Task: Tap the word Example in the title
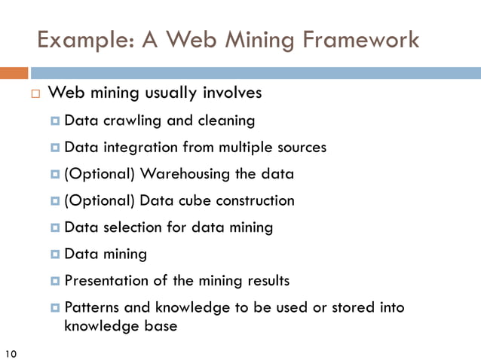[80, 39]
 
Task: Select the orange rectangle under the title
[14, 73]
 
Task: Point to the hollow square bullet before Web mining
[35, 95]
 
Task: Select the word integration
[138, 147]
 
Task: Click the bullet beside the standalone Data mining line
[57, 255]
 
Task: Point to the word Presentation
[106, 281]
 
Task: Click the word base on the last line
[159, 326]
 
